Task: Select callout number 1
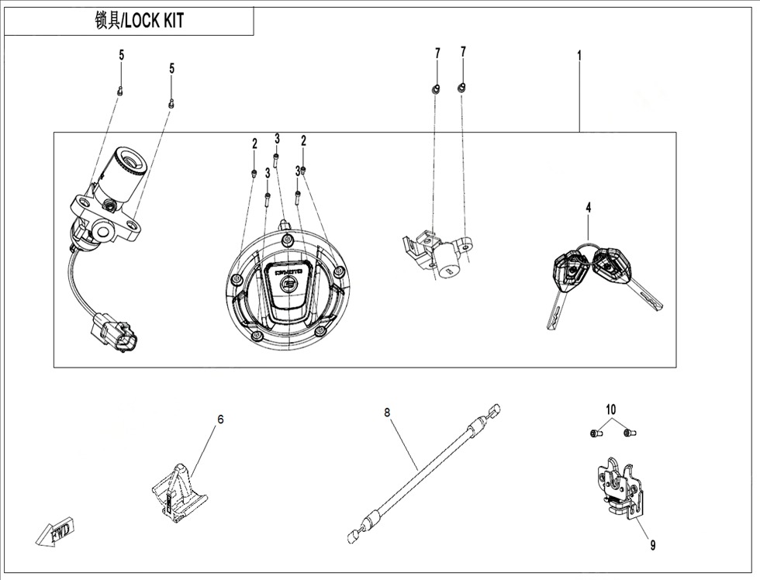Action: point(579,55)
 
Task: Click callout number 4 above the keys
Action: point(588,207)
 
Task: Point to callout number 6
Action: point(220,419)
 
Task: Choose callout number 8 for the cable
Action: point(387,413)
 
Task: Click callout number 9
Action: point(652,545)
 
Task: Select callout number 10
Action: point(610,409)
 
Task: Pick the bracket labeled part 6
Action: point(176,491)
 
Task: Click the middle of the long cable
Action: point(423,474)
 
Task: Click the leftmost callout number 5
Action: point(121,55)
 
